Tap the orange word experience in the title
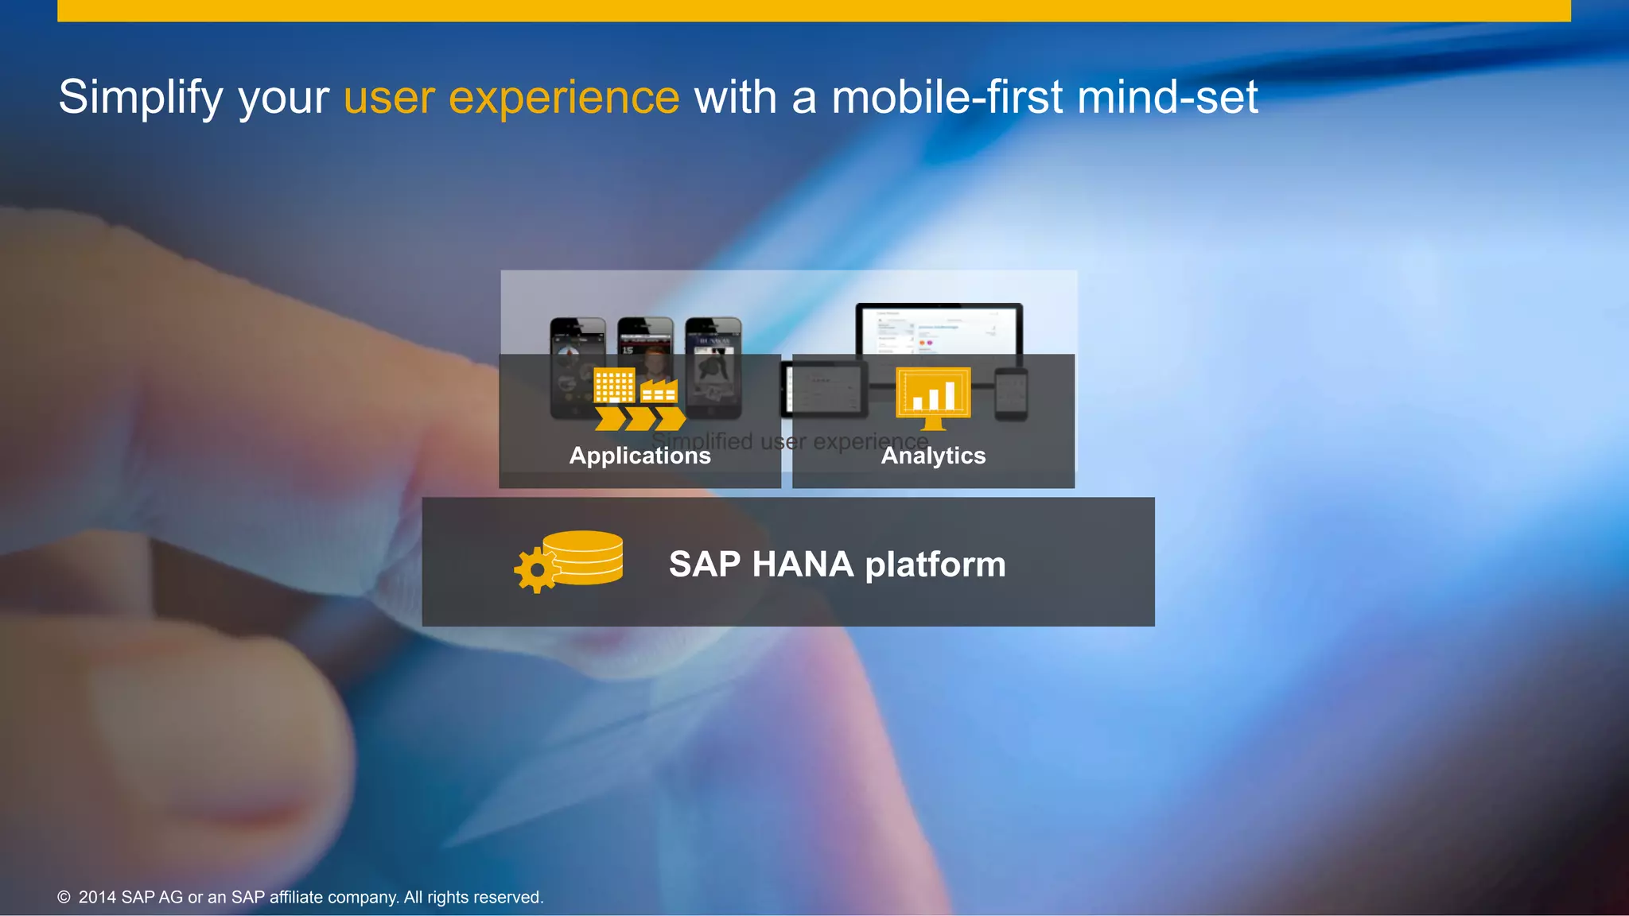point(564,98)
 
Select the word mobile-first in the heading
point(947,98)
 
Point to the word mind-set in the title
point(1167,98)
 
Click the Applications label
point(640,456)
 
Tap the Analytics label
point(933,456)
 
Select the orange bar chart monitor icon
point(933,396)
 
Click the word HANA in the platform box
point(803,565)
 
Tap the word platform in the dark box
point(935,565)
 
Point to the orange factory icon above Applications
point(659,390)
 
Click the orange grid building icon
point(614,386)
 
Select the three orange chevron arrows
point(640,418)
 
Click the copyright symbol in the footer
point(64,898)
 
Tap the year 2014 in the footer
point(97,898)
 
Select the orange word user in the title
point(389,98)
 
